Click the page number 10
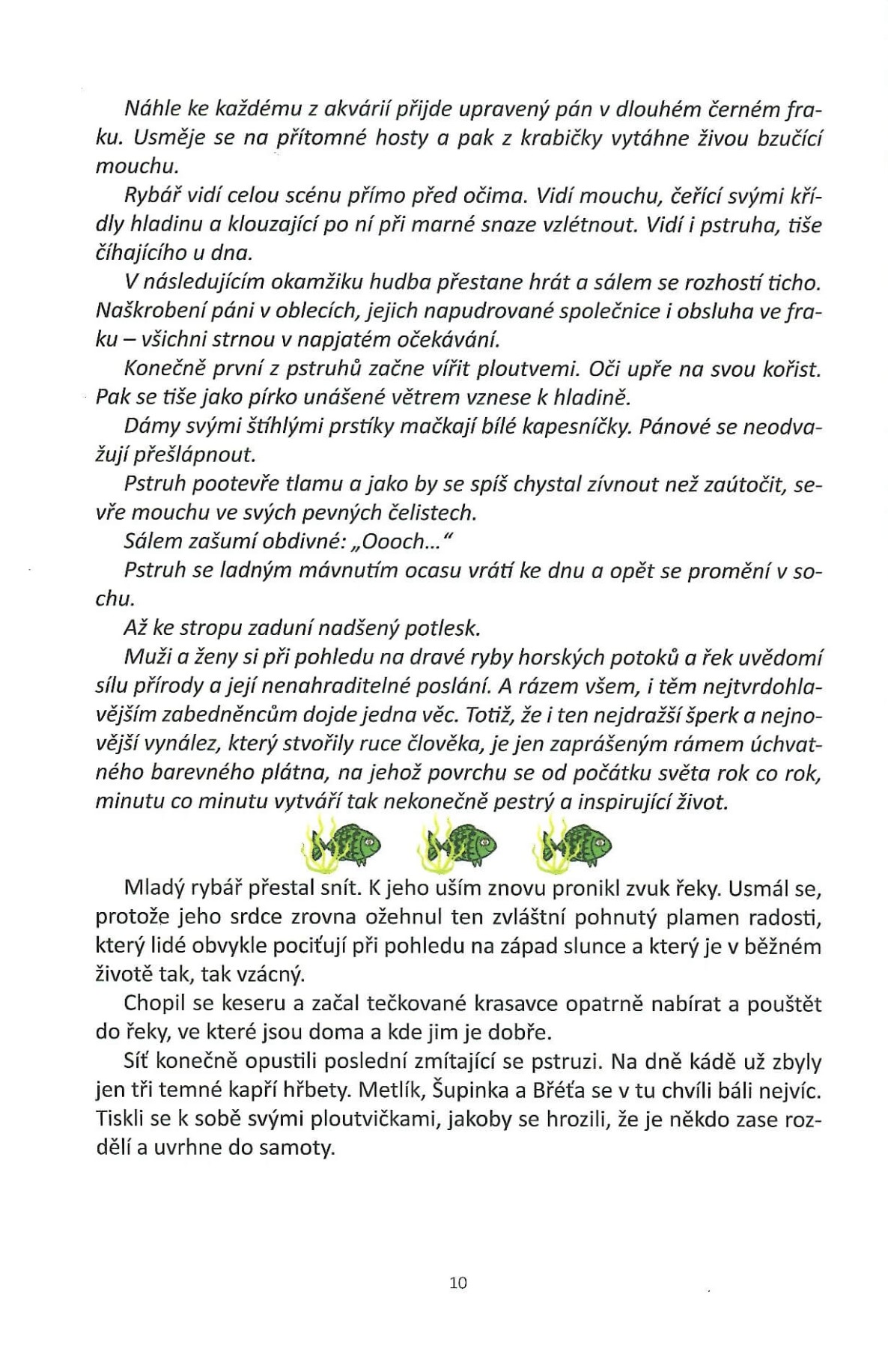pos(458,1282)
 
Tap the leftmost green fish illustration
pos(341,845)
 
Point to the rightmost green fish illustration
pos(574,845)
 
